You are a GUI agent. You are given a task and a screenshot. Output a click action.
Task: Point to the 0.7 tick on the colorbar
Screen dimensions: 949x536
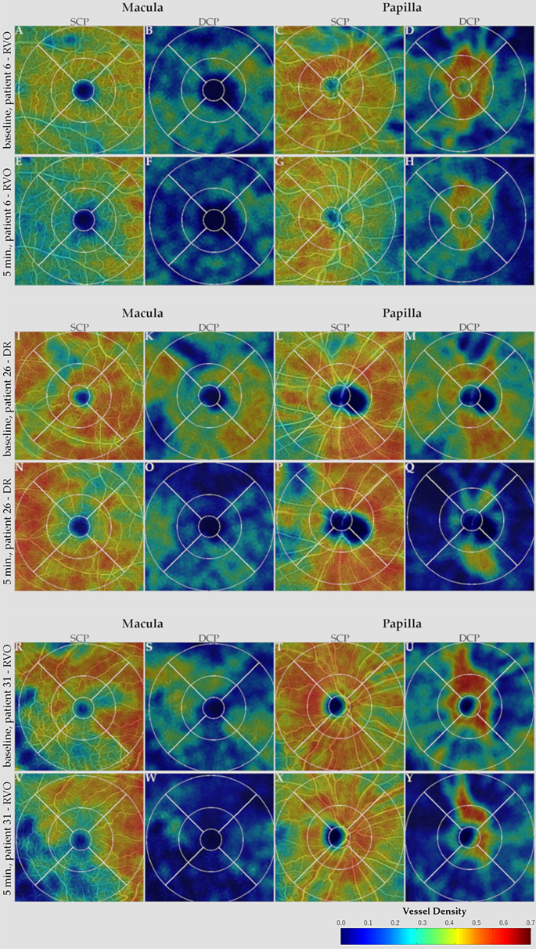point(530,923)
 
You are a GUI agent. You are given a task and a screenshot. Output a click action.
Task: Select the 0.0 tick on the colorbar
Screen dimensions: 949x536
point(341,923)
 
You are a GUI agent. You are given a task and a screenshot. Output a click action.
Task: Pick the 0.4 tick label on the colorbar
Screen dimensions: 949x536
point(449,923)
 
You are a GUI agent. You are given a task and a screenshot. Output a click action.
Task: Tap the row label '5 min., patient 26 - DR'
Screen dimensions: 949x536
point(7,525)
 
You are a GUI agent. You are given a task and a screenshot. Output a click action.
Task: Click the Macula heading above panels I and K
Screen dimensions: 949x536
point(142,314)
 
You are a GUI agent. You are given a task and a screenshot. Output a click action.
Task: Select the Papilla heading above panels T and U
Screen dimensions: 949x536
point(402,624)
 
